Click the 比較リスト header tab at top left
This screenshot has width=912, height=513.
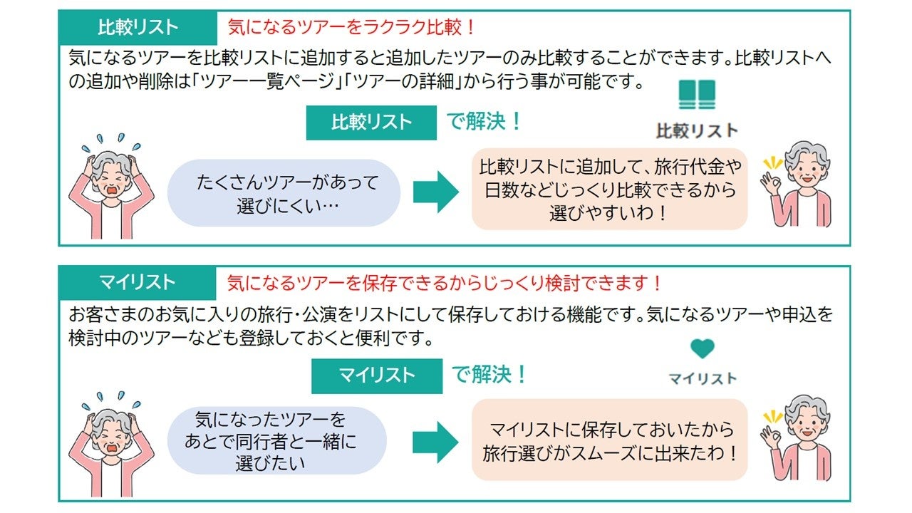pyautogui.click(x=138, y=28)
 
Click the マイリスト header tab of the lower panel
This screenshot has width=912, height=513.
pyautogui.click(x=137, y=283)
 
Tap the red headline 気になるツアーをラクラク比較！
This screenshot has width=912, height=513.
pyautogui.click(x=351, y=28)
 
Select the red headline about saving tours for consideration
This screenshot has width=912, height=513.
pyautogui.click(x=445, y=283)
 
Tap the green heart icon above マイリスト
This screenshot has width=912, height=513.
pyautogui.click(x=702, y=348)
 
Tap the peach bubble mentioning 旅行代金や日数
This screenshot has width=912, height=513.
pyautogui.click(x=609, y=190)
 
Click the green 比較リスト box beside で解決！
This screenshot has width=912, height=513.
pyautogui.click(x=371, y=123)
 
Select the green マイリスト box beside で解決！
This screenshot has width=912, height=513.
pyautogui.click(x=376, y=375)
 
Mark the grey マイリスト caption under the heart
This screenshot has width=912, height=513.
pyautogui.click(x=702, y=378)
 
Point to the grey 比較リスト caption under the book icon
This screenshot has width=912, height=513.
pyautogui.click(x=697, y=130)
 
